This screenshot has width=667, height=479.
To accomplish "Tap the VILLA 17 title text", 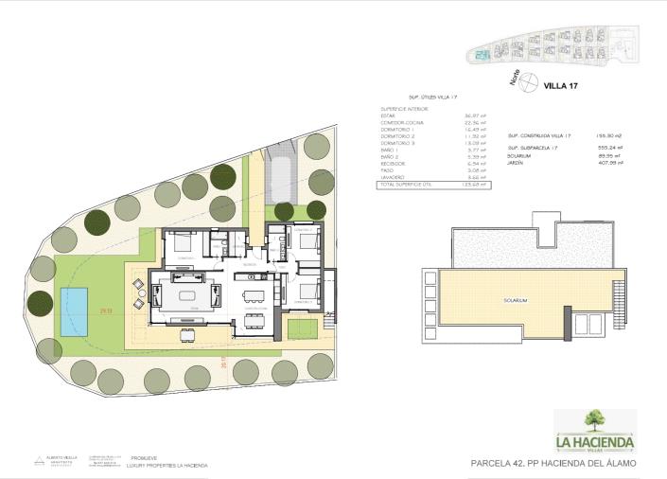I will pos(560,85).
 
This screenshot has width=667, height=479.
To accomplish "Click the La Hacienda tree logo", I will pos(594,418).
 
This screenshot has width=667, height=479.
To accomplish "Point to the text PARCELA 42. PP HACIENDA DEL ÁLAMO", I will pos(553,463).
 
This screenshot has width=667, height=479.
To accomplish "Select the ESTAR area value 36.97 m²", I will pos(474,115).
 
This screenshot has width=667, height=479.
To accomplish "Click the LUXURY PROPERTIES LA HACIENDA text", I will pos(169,466).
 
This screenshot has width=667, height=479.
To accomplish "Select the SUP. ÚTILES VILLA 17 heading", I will pos(432,97).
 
